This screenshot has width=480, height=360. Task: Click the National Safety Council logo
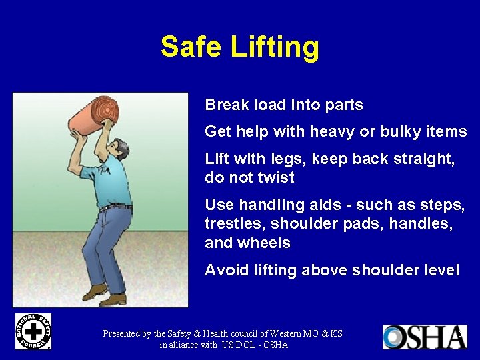pos(33,331)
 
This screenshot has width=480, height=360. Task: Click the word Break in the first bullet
pos(225,105)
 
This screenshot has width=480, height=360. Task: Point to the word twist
pos(275,178)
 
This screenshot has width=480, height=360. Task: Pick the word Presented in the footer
pos(126,333)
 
